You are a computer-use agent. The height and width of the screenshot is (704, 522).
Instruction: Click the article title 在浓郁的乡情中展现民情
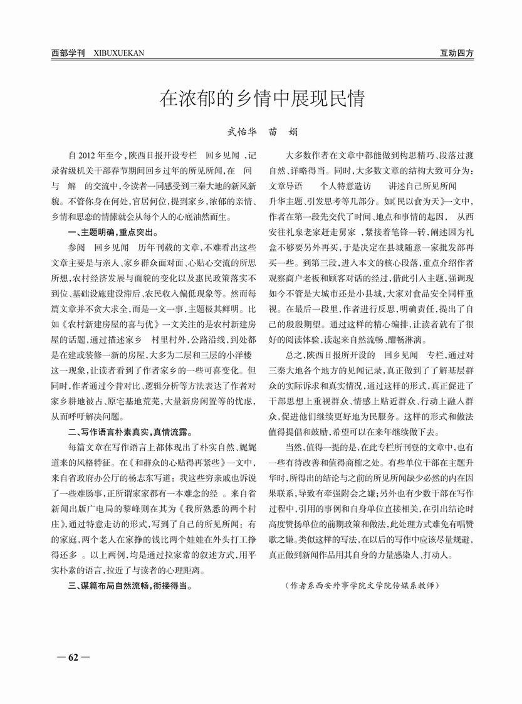pyautogui.click(x=261, y=98)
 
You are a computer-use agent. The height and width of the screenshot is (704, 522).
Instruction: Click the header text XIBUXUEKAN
pyautogui.click(x=118, y=53)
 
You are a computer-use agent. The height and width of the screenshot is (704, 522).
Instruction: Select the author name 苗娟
pyautogui.click(x=283, y=132)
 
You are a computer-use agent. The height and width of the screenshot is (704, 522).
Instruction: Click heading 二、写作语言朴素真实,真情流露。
pyautogui.click(x=130, y=432)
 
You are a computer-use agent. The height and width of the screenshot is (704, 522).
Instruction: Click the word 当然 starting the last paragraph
pyautogui.click(x=295, y=446)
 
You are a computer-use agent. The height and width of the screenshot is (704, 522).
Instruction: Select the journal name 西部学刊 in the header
pyautogui.click(x=68, y=53)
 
